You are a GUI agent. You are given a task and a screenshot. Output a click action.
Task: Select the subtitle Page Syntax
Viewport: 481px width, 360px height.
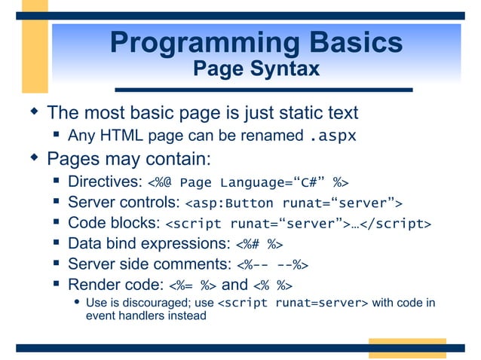tap(256, 69)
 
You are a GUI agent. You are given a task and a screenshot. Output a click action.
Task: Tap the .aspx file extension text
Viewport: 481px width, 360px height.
tap(332, 137)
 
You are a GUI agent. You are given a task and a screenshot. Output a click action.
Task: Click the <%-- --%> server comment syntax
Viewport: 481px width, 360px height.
tap(273, 264)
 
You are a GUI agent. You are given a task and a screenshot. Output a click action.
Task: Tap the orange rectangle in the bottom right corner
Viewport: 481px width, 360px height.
tap(406, 347)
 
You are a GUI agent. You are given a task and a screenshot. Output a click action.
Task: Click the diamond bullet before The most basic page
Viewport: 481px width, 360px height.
tap(33, 113)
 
